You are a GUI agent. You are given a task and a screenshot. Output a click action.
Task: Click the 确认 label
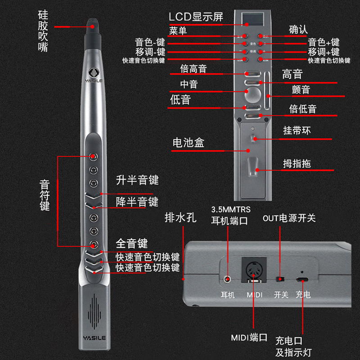coord(298,29)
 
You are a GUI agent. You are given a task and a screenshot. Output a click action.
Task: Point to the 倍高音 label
coord(193,69)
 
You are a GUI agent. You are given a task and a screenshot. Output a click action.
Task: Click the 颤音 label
coord(301,90)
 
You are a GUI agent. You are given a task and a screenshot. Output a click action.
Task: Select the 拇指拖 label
coord(297,163)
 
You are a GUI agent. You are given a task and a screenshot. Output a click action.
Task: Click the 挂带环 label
coord(297,131)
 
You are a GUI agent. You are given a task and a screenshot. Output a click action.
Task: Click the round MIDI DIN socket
coord(253,270)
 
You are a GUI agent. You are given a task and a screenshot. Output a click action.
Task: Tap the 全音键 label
coord(131,244)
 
